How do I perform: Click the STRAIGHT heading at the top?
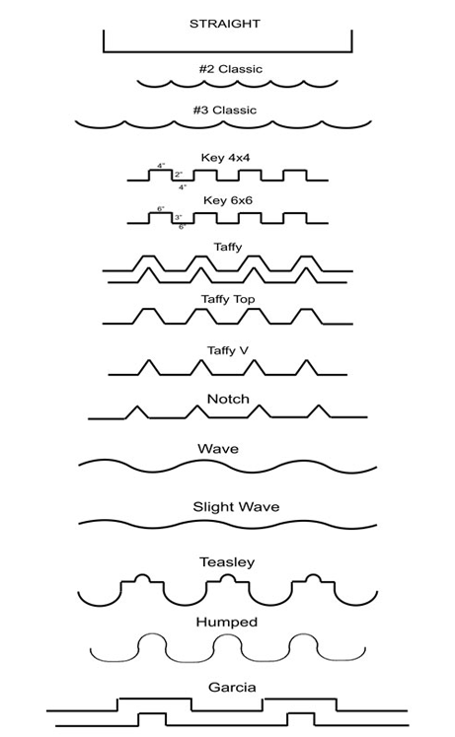tap(225, 24)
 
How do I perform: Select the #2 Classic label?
tap(230, 69)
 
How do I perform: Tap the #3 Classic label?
tap(225, 110)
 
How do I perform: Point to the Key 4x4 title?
tap(225, 158)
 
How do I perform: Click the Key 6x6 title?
tap(227, 200)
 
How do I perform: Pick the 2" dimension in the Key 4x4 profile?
tap(179, 175)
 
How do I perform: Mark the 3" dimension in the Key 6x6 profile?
tap(178, 218)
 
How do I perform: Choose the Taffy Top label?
tap(228, 299)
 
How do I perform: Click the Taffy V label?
tap(227, 350)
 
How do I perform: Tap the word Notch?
tap(228, 399)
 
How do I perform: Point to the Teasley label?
tap(227, 562)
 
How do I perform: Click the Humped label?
tap(227, 622)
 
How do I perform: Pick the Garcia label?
tap(232, 688)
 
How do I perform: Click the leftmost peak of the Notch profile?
tap(137, 406)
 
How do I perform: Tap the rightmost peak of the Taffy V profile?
tap(307, 360)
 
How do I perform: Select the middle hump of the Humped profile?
tap(227, 635)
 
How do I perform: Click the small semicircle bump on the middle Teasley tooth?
tap(227, 575)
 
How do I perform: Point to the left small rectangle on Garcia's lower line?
tap(152, 714)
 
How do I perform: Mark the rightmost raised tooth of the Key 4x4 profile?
tap(295, 170)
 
